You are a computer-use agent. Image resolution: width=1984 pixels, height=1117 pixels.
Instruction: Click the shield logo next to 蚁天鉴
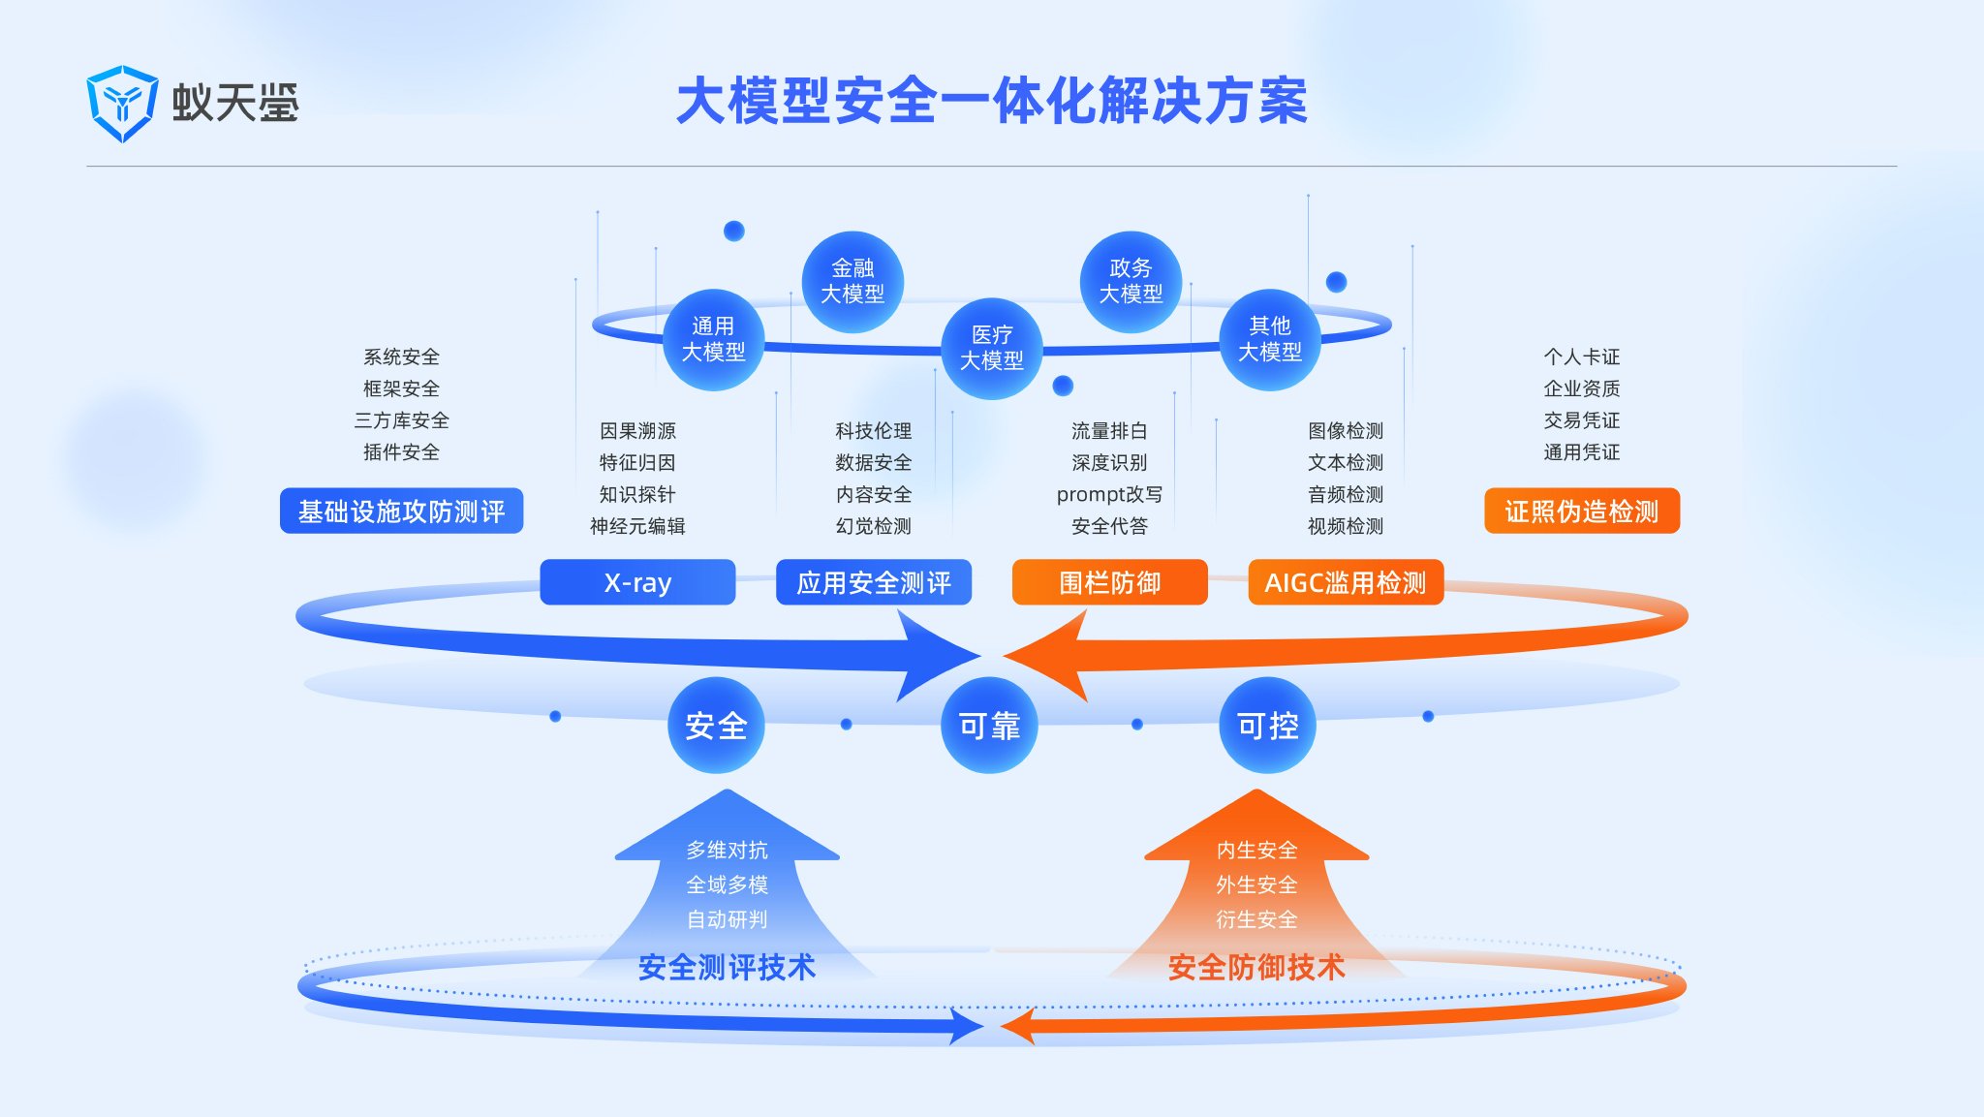121,104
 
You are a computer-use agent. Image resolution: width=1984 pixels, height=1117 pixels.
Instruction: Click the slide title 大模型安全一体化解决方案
991,102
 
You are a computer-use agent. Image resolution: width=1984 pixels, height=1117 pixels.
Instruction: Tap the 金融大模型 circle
852,281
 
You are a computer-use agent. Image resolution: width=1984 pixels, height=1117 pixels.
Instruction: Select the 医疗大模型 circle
991,348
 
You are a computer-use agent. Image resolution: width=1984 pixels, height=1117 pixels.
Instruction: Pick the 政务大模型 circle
1131,281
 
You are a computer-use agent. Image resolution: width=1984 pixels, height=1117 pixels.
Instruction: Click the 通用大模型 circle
714,339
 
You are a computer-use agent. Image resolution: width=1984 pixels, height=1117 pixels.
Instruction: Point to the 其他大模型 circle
1269,339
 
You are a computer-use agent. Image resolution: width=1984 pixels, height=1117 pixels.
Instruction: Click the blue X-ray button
637,582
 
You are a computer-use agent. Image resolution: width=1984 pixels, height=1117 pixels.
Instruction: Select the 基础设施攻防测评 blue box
401,511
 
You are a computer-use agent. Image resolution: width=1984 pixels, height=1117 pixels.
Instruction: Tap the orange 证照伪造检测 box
1581,511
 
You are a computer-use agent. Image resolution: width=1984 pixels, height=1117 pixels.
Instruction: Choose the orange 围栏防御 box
1109,582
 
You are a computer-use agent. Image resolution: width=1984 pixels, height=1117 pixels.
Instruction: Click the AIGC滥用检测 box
1346,582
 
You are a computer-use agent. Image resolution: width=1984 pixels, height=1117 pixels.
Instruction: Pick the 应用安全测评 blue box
873,582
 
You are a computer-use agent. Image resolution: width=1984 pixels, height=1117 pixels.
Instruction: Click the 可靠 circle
989,725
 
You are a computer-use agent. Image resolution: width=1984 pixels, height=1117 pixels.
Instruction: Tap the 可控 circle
1267,725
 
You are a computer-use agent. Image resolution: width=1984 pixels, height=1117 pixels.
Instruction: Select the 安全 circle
716,725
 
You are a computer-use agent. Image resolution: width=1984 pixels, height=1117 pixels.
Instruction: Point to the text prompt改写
1109,494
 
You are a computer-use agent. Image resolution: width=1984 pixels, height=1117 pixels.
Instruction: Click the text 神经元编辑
637,526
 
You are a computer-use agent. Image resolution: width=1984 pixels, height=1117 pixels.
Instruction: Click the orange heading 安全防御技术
1255,967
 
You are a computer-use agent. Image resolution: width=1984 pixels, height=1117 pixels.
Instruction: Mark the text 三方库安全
401,420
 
